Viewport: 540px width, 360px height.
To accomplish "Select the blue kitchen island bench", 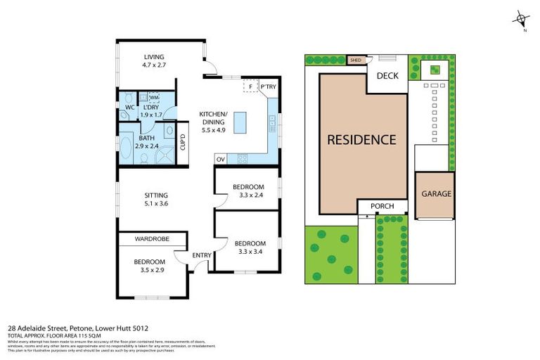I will pos(242,123).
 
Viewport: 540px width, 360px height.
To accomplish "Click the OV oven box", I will pos(220,158).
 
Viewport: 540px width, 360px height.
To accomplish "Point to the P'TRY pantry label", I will pos(269,87).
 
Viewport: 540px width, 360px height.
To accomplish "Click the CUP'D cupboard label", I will pos(183,142).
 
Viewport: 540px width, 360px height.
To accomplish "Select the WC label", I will pos(129,107).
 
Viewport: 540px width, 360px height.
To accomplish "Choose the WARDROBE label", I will pos(153,239).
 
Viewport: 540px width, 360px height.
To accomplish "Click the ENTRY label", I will pos(202,255).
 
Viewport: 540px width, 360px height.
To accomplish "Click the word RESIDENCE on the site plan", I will pos(361,139).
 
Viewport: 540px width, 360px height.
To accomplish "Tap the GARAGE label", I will pos(436,194).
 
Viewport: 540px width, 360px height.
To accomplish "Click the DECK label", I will pos(388,76).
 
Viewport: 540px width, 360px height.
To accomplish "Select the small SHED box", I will pos(356,60).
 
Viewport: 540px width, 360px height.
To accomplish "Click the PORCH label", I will pos(382,206).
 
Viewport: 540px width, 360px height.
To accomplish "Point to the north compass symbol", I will pos(520,19).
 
